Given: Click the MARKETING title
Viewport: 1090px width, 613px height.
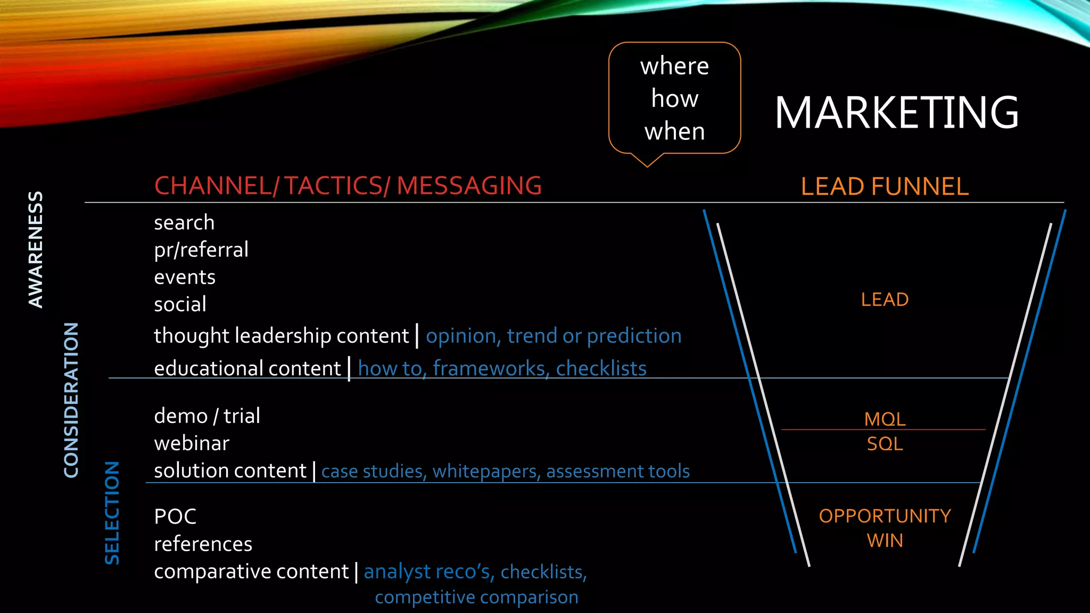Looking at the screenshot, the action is coord(897,112).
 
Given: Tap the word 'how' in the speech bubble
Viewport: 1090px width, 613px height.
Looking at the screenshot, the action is coord(675,99).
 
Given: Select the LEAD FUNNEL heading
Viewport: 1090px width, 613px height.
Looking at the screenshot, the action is coord(885,187).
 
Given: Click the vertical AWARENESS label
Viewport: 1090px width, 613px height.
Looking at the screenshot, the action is coord(36,250).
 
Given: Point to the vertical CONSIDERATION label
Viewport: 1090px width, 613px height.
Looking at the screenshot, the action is coord(71,400).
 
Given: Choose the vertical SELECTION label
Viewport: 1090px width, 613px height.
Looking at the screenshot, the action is coord(112,513).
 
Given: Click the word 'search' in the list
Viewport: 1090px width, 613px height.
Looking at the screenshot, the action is coord(184,222).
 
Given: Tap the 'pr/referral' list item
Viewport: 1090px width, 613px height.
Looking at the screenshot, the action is coord(201,250).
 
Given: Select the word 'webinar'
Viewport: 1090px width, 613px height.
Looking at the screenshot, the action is coord(192,443).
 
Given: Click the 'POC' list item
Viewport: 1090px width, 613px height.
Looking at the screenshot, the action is coord(175,517).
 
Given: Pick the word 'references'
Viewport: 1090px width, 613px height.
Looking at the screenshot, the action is coord(203,544).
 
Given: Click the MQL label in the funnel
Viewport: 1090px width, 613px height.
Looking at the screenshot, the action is coord(885,419).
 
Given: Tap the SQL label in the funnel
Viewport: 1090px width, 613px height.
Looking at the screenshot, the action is coord(885,444).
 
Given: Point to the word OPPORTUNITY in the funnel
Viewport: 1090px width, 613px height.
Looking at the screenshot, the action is coord(885,516).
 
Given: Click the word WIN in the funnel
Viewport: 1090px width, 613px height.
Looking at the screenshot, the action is coord(885,541).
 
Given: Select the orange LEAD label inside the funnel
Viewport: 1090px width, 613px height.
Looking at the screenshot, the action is coord(885,300).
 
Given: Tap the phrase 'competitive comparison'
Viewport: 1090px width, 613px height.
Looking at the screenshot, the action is coord(477,598).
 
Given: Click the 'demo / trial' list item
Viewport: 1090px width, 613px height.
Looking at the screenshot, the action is coord(207,416).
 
